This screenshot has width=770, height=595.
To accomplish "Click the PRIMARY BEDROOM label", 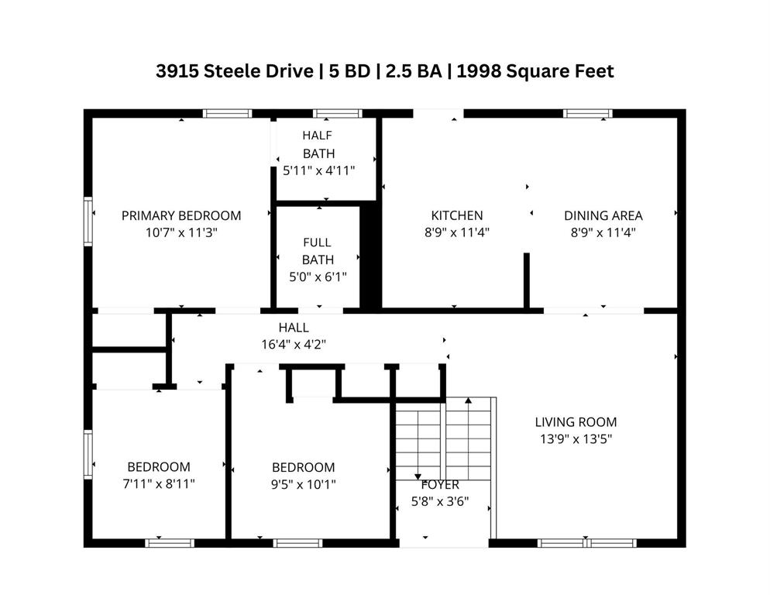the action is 181,215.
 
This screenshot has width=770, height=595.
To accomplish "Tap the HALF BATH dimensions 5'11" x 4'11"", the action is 318,170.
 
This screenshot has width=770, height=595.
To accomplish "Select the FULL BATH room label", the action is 318,250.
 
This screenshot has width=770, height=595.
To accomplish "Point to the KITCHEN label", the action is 457,215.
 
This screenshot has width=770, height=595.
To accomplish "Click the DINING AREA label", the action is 603,215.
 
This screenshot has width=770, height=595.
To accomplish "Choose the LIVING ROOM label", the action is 576,421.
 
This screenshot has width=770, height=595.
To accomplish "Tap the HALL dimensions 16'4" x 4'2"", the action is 294,344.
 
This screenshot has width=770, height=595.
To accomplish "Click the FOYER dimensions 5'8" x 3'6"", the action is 440,501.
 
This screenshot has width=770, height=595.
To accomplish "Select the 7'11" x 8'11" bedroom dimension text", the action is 159,483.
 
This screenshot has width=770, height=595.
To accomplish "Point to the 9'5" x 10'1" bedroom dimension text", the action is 304,484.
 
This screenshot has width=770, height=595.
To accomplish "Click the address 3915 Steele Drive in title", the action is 235,71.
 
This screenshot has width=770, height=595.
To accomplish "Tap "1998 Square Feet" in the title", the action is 535,71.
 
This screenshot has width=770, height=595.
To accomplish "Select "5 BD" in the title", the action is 349,71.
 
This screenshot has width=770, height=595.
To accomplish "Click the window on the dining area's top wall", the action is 588,113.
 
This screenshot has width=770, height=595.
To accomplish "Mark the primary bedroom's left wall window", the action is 88,221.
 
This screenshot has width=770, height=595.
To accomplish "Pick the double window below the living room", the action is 587,543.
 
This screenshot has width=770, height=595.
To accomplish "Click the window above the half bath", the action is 338,113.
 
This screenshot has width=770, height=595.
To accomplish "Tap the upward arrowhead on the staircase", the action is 469,401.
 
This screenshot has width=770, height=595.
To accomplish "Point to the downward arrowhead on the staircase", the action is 418,476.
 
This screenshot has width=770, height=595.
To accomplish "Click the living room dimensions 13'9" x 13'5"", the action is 576,439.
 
